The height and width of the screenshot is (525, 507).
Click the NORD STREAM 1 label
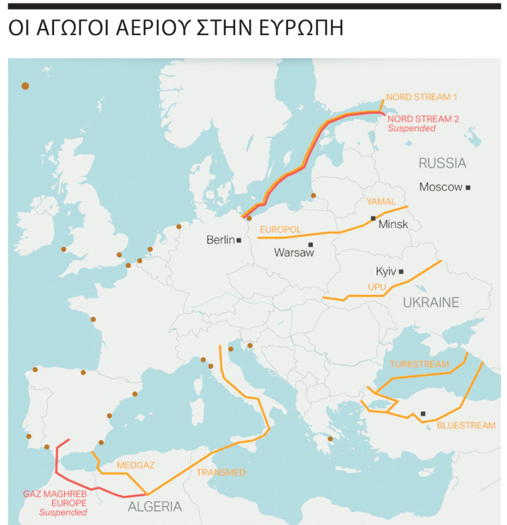(425, 97)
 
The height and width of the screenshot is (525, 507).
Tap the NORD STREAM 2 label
(423, 119)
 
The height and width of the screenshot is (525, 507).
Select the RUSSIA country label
(442, 163)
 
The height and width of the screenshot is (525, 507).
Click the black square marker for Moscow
(468, 187)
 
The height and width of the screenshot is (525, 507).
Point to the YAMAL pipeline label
(381, 202)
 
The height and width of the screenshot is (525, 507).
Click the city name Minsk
(393, 224)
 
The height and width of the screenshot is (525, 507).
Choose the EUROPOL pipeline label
(281, 229)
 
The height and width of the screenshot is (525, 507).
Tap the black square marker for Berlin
(239, 240)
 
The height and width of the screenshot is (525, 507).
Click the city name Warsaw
(294, 252)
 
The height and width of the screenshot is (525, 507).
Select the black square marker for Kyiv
(401, 271)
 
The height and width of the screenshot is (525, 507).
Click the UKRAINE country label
(431, 303)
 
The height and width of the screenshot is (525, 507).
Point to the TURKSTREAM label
(419, 364)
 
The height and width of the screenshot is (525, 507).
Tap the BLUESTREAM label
(466, 426)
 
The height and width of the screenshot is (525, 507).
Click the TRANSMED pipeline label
(221, 473)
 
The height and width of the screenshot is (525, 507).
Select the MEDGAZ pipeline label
(135, 464)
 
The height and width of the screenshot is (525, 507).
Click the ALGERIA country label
(154, 507)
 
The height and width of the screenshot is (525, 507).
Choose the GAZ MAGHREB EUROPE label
(55, 499)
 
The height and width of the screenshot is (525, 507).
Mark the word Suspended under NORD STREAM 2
(411, 129)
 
